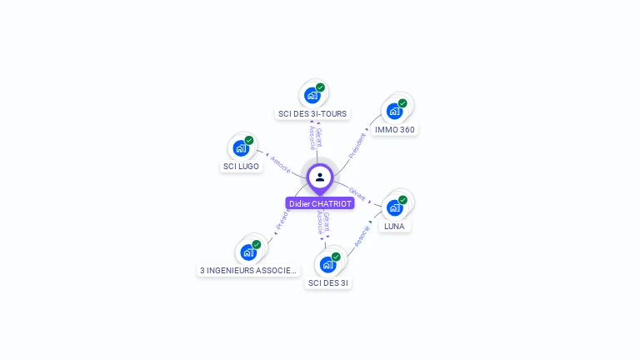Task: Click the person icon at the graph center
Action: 320,177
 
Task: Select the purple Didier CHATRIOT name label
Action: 320,203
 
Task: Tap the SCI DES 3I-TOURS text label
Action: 312,113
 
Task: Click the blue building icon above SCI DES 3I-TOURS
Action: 312,95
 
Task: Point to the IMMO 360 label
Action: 394,129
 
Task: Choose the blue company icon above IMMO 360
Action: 394,111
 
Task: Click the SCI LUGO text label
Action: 241,166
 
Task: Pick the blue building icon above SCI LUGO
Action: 241,148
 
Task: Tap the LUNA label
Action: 394,226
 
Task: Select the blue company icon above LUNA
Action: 394,207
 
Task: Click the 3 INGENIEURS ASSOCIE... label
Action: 248,270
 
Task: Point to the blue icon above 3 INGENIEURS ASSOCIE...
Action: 248,252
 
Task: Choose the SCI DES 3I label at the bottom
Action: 328,282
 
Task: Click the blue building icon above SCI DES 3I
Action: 327,265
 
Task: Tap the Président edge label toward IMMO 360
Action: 357,145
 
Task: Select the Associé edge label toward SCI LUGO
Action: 280,165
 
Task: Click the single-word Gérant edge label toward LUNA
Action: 357,193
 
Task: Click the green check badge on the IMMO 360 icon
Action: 402,103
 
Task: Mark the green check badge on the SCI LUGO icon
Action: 249,140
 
